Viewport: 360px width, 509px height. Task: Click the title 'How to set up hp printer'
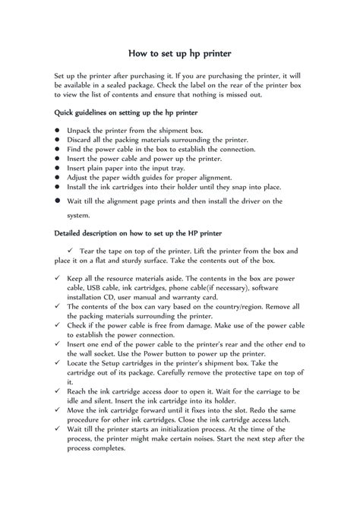[179, 54]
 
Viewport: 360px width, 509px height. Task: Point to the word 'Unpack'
[82, 131]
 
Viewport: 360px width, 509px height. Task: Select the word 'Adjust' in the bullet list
[81, 176]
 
